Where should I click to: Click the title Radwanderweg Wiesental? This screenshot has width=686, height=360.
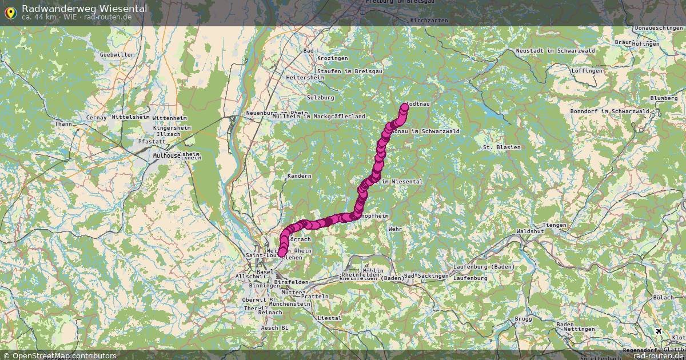[x=84, y=9]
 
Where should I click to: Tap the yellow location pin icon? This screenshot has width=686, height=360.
[x=10, y=12]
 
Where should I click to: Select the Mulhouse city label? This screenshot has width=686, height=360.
[x=167, y=155]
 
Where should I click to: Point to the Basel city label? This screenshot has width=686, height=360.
[x=265, y=273]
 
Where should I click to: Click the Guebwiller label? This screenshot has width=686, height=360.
[x=117, y=55]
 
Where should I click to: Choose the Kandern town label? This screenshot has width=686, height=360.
[x=300, y=176]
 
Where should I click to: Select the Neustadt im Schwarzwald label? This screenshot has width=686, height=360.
[x=547, y=51]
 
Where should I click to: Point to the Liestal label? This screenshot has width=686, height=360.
[x=328, y=318]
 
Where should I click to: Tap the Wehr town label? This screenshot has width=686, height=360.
[x=395, y=229]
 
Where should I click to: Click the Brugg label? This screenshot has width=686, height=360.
[x=523, y=319]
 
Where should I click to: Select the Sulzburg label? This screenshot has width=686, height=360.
[x=320, y=98]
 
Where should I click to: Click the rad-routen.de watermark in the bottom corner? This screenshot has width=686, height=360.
[x=659, y=355]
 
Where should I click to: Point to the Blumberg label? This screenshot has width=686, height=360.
[x=663, y=98]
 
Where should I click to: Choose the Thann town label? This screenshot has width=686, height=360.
[x=63, y=123]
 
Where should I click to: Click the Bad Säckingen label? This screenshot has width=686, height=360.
[x=426, y=276]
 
